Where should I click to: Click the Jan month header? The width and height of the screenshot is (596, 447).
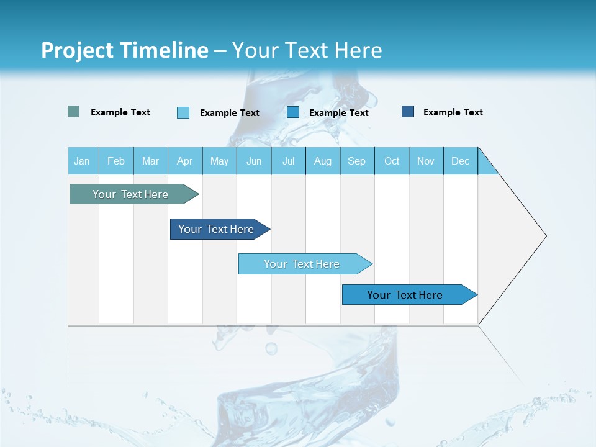pos(83,161)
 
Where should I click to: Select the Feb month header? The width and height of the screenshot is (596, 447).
pos(116,161)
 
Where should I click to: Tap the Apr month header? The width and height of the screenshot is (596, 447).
pos(185,161)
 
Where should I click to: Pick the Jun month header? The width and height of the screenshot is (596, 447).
pos(254,161)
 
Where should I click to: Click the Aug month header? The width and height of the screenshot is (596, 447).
pos(323,161)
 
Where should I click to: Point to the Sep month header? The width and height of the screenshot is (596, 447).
pos(357,161)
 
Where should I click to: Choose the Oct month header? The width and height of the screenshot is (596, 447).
pos(392,161)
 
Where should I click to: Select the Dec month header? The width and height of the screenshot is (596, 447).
pos(461,161)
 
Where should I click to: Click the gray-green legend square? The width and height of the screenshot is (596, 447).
pos(74,112)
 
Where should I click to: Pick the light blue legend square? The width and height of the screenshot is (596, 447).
pos(183,112)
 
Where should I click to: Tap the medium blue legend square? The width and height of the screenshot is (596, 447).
pos(293,112)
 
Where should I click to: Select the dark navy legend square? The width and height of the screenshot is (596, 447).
pos(408,112)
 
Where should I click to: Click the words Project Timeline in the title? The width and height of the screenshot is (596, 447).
pos(125,50)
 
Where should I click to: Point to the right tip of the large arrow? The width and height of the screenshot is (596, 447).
pos(545,236)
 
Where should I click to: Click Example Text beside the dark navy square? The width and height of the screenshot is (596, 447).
pos(453,112)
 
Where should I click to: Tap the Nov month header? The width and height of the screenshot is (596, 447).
pos(426,161)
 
